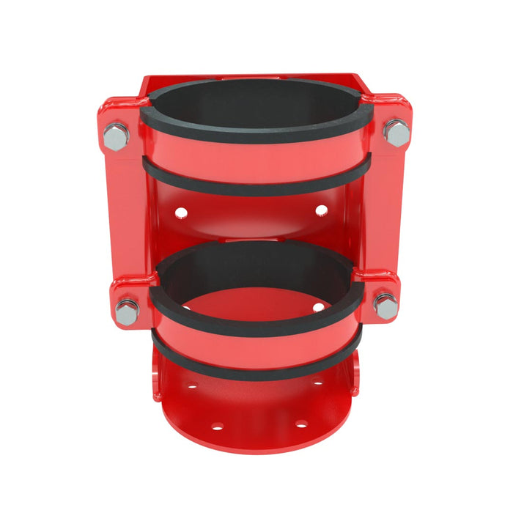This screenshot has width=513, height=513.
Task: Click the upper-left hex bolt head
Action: click(x=116, y=136)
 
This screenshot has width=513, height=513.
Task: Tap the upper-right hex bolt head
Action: click(x=396, y=133)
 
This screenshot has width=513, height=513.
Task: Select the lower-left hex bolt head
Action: click(x=127, y=311)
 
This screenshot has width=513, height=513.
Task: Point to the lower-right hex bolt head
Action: click(x=385, y=305)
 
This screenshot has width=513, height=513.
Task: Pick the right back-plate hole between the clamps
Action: click(x=321, y=210)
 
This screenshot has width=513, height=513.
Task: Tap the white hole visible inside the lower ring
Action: click(x=319, y=306)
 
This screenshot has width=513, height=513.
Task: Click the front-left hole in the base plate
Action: click(x=217, y=426)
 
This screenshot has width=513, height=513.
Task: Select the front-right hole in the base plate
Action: click(x=300, y=424)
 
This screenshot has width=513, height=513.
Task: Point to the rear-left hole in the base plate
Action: click(x=192, y=385)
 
